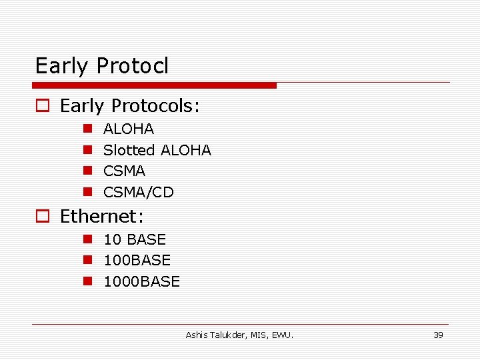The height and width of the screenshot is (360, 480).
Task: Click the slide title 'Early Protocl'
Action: (x=102, y=66)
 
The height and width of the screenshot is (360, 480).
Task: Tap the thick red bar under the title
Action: (x=155, y=85)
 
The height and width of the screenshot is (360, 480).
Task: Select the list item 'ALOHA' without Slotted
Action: (x=129, y=129)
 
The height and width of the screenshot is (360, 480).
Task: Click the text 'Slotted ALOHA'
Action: (x=157, y=150)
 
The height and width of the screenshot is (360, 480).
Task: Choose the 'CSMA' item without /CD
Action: (x=124, y=171)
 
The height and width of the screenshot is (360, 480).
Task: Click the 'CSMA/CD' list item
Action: (x=138, y=192)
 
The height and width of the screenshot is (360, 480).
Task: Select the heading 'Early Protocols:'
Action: (x=130, y=106)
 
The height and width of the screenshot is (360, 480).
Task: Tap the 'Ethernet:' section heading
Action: (x=102, y=216)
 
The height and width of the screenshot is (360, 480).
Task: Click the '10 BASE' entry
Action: (x=135, y=239)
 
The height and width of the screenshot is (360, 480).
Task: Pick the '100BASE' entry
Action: (x=137, y=260)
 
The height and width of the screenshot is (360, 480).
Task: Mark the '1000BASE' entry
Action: (x=141, y=281)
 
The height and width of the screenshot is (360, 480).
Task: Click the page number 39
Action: (x=438, y=335)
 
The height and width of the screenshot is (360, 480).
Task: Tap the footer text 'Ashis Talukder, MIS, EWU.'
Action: (x=239, y=335)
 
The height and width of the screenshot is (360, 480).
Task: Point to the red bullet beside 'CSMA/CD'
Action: (x=87, y=192)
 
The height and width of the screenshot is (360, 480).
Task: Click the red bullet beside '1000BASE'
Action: (x=87, y=281)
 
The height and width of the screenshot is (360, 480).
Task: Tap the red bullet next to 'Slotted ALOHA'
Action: (x=87, y=150)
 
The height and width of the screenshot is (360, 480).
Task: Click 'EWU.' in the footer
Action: (x=283, y=335)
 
